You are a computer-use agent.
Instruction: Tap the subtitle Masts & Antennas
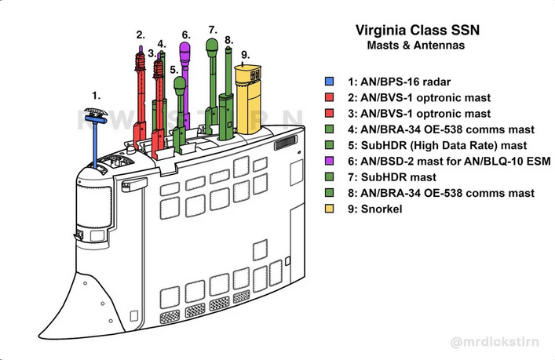click(x=415, y=46)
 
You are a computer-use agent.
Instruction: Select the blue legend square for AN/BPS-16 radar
click(x=331, y=82)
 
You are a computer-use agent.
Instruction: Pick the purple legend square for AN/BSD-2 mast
click(x=331, y=161)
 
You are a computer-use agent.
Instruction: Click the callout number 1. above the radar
click(x=96, y=95)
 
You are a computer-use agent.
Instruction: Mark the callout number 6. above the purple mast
click(x=186, y=35)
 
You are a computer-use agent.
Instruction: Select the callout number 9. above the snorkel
click(x=245, y=55)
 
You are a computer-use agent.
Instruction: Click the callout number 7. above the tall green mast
click(x=212, y=30)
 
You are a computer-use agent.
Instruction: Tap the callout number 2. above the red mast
click(x=141, y=34)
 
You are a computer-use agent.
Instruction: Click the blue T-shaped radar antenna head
click(x=95, y=118)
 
